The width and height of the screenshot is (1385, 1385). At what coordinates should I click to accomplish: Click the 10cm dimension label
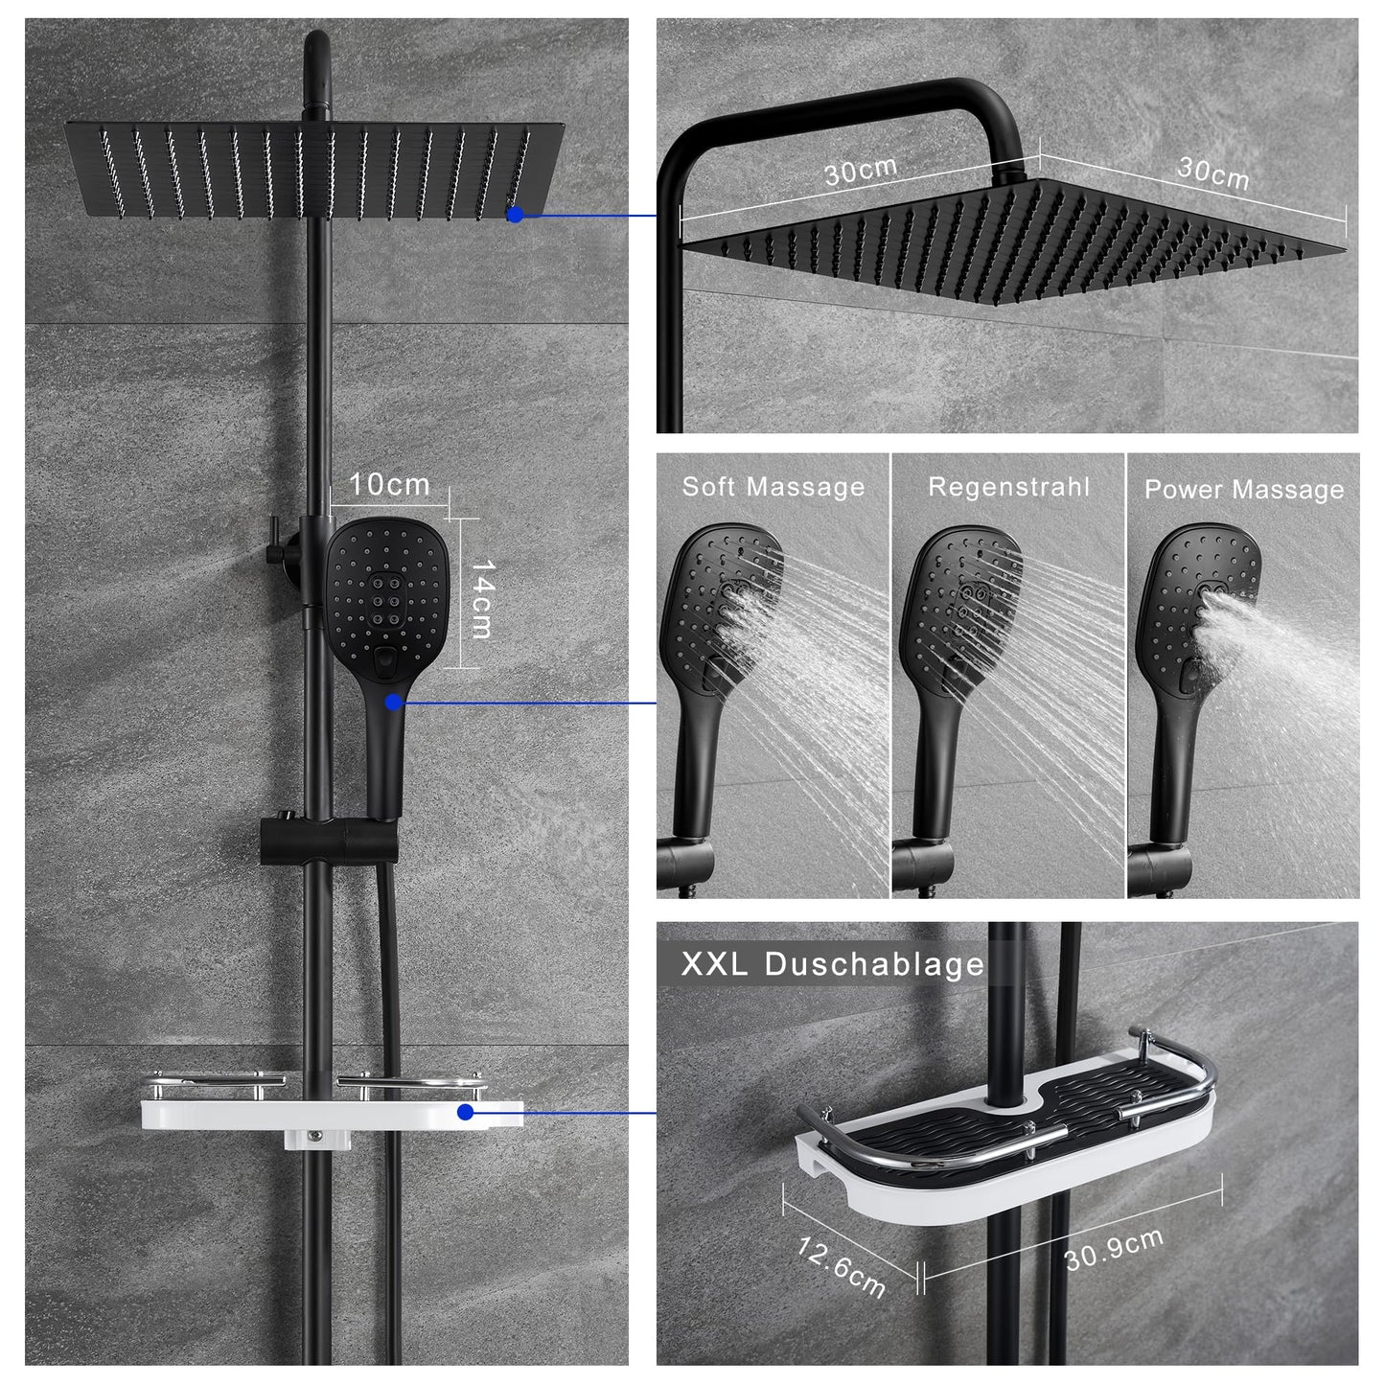(389, 484)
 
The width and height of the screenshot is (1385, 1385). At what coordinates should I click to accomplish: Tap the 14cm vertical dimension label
(482, 599)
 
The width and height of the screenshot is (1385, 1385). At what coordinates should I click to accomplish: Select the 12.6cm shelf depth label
(841, 1266)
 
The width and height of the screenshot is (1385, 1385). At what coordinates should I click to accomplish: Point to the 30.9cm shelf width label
(1114, 1249)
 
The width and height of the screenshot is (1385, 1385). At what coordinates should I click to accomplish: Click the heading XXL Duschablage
(832, 964)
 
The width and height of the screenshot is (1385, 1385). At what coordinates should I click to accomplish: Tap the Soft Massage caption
(773, 487)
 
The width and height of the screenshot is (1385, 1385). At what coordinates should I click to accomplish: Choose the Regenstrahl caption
(1008, 487)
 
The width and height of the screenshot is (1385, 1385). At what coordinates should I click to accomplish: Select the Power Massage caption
(1244, 490)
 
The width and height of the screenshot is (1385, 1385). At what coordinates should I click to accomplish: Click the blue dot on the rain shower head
(515, 214)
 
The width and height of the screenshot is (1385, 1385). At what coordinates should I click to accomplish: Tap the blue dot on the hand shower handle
(393, 703)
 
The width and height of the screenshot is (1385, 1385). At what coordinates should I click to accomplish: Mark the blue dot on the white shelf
(465, 1112)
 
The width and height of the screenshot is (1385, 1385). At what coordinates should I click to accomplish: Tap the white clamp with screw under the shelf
(314, 1138)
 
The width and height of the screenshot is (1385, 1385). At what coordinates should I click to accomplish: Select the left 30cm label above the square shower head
(861, 171)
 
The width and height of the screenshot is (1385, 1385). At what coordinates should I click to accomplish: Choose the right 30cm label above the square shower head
(1213, 173)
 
